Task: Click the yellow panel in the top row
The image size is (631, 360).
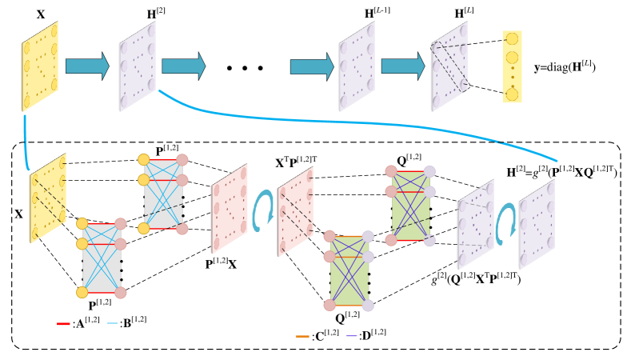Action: coord(39,66)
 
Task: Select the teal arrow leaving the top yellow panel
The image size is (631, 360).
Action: coord(86,66)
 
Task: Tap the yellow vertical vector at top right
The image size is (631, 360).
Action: coord(512,66)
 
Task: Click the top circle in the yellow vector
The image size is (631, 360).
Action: coord(512,38)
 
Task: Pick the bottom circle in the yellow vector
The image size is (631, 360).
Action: coord(512,94)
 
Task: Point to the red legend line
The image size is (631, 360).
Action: coord(63,324)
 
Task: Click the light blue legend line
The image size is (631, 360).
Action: coord(113,323)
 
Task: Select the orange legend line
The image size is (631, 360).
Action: coord(302,336)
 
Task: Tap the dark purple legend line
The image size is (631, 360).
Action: coord(351,336)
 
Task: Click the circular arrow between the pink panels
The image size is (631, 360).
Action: coord(262,210)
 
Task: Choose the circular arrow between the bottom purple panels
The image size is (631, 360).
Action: coord(505,223)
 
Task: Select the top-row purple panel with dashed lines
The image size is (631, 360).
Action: coord(449,66)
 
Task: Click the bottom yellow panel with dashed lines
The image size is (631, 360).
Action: coord(47,198)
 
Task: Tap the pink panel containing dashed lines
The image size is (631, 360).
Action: coord(295,211)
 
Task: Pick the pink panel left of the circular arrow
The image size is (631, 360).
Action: coord(229,208)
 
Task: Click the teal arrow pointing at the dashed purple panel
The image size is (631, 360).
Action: coord(402,66)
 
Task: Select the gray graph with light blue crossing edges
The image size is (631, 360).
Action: coord(102,258)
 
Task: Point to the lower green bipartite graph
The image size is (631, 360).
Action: coord(349,270)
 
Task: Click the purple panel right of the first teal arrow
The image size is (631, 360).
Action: coord(137,66)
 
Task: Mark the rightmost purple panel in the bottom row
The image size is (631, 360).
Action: coord(536,224)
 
